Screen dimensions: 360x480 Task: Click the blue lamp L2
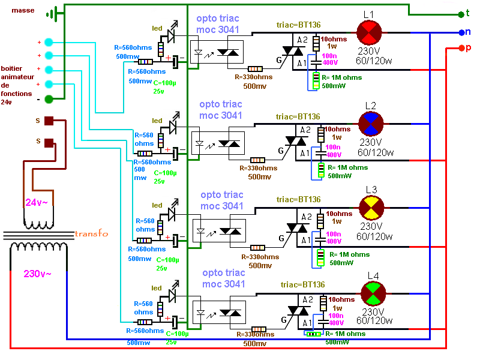370,124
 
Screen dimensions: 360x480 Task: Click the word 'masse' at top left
22,11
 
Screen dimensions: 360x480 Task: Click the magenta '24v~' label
37,202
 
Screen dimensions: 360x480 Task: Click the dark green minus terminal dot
49,98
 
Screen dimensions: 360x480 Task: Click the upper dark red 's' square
50,121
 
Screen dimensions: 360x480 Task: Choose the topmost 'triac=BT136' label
298,25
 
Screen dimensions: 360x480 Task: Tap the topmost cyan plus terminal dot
49,43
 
